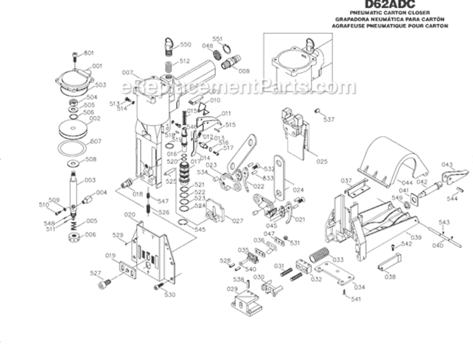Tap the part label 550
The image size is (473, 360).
186,44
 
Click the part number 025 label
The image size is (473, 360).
322,162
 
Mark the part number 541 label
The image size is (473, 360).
355,299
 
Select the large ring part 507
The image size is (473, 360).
73,147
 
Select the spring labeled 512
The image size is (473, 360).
169,66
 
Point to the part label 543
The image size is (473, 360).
444,222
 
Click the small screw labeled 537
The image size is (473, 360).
317,111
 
